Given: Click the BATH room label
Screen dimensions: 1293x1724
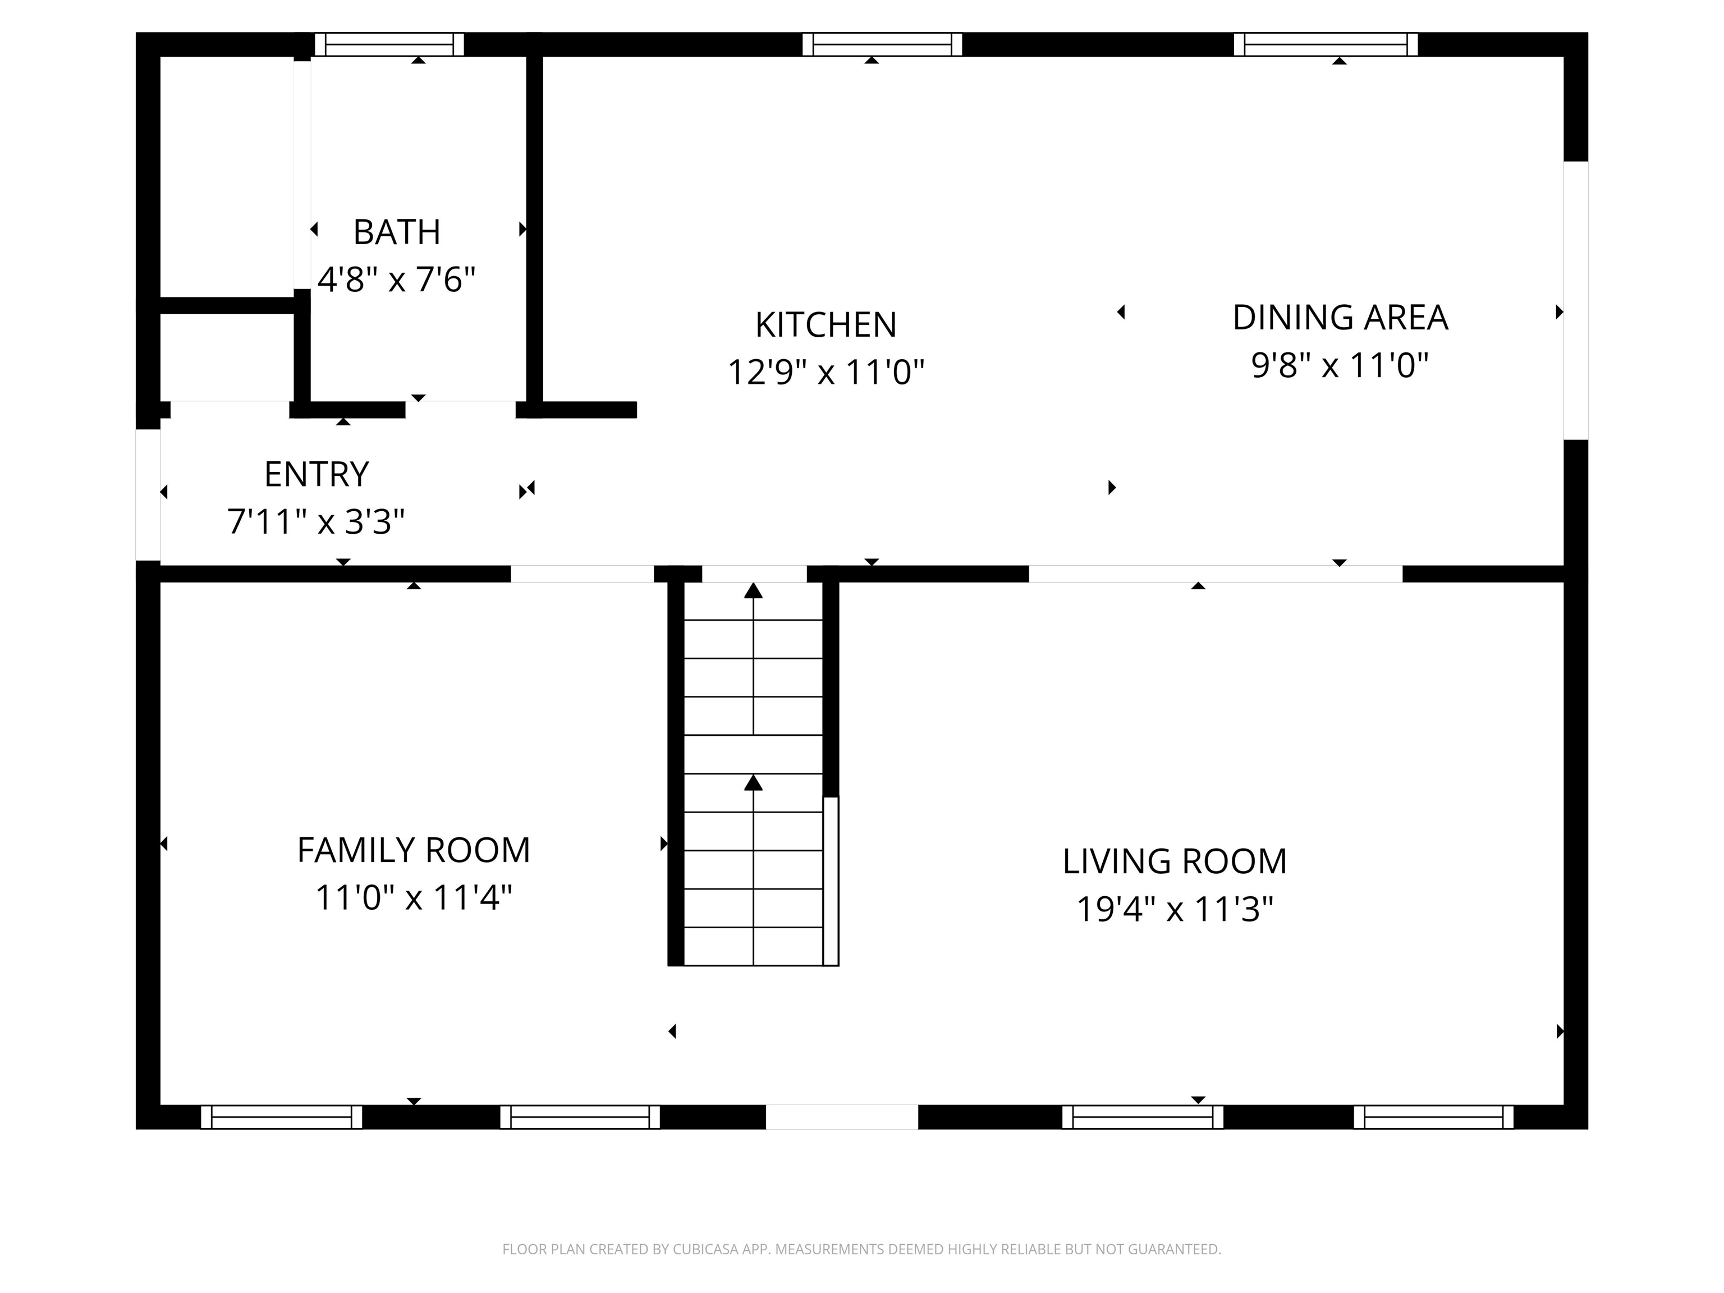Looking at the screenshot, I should [x=397, y=232].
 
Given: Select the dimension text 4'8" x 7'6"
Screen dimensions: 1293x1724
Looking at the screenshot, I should [x=397, y=279].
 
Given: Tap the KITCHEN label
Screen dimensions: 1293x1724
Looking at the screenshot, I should [x=826, y=325].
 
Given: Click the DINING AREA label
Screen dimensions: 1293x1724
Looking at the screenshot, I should [x=1340, y=318].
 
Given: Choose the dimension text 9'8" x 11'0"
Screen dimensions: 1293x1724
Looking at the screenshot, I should [x=1340, y=365].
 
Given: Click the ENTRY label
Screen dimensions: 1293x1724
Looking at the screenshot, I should [x=317, y=475].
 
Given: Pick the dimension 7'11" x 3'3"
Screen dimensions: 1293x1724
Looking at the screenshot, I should [x=317, y=521].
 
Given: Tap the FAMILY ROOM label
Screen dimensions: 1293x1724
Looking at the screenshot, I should [x=414, y=850].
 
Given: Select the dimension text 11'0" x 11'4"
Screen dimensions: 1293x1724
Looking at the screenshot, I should [x=414, y=897].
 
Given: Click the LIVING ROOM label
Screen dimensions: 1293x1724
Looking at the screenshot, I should [x=1175, y=862].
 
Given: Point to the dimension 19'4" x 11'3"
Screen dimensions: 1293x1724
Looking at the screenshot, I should [x=1175, y=909].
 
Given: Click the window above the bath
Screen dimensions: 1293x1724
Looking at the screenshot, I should [x=389, y=44].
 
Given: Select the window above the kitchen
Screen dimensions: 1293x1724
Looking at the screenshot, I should [x=882, y=44].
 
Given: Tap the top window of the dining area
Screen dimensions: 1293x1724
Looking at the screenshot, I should [x=1325, y=44].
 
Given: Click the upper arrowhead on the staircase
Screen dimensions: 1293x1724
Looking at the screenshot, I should [x=753, y=591].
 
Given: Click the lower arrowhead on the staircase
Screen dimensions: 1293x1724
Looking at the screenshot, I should [x=753, y=782].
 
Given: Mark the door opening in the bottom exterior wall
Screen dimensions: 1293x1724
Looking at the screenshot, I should [x=842, y=1116].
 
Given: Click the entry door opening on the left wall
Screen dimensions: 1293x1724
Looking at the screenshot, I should [x=148, y=495].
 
